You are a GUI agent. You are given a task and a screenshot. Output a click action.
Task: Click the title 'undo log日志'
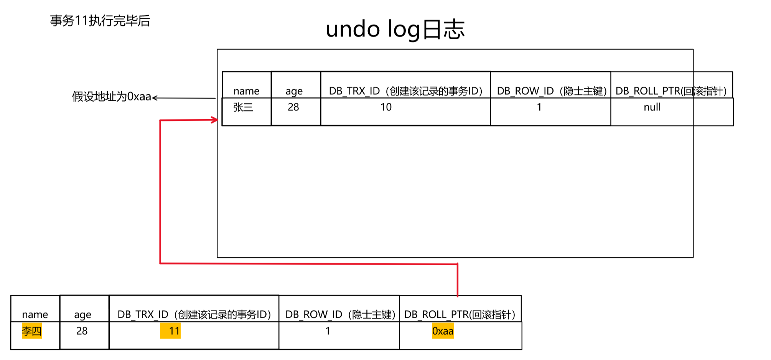pos(395,30)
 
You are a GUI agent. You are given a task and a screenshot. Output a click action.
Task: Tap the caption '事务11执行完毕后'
pos(100,20)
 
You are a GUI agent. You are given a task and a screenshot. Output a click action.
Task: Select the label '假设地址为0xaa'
pos(111,96)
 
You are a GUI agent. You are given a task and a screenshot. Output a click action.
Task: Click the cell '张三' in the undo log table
pos(243,107)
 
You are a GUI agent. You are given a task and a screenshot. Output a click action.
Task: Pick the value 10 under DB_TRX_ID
pos(386,107)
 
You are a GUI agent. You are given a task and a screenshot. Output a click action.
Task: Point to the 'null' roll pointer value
pos(652,107)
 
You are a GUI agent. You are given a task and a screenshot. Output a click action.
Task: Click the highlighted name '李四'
pos(31,331)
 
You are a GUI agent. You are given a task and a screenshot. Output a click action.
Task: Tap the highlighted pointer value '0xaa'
pos(443,331)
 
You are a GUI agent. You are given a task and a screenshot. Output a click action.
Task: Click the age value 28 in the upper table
pos(293,107)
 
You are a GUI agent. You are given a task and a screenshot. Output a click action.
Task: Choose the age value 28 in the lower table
pos(82,331)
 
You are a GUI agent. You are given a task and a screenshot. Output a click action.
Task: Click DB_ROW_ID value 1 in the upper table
pos(539,107)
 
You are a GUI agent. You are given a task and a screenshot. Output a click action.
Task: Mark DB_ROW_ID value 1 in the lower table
pos(328,331)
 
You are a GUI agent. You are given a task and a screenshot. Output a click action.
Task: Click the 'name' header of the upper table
pos(246,91)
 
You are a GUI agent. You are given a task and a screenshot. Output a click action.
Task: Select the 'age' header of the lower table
pos(82,315)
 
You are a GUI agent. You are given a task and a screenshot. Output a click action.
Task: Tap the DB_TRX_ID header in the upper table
pos(405,91)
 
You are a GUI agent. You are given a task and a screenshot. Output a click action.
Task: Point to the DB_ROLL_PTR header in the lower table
pos(460,315)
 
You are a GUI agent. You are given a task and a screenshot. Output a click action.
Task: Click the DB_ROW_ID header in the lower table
pos(340,315)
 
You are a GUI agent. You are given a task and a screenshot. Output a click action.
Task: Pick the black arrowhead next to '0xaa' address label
pos(155,98)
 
